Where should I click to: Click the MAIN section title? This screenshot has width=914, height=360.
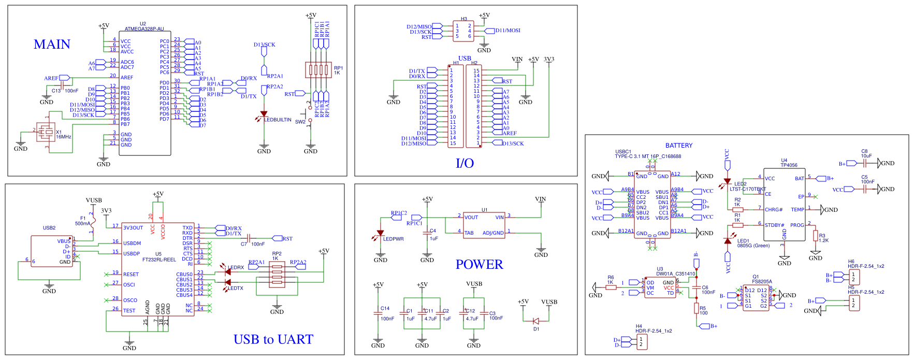pos(52,45)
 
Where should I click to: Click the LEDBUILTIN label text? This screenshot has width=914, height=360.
pos(278,120)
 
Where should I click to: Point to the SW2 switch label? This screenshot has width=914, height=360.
pos(300,122)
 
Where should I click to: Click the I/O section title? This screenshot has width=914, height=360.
pos(465,163)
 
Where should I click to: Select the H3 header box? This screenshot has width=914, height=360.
pos(463,31)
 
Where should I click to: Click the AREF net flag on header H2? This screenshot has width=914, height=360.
pos(510,133)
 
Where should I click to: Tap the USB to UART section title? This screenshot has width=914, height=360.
pos(273,339)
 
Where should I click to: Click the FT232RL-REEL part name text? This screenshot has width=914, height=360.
pos(159,260)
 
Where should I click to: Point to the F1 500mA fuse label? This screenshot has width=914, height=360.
pos(82,221)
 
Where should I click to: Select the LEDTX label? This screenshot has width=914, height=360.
pos(236,288)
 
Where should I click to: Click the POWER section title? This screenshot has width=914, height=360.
pos(479,265)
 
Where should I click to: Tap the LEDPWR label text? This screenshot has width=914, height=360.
pos(393,239)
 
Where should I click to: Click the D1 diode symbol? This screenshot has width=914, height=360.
pos(536,321)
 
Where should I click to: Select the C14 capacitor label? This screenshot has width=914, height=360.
pos(385,308)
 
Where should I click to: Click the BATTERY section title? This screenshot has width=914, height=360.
pos(678,146)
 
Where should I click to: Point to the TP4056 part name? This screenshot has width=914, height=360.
pos(789,165)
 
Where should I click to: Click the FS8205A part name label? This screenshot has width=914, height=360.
pos(762,281)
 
